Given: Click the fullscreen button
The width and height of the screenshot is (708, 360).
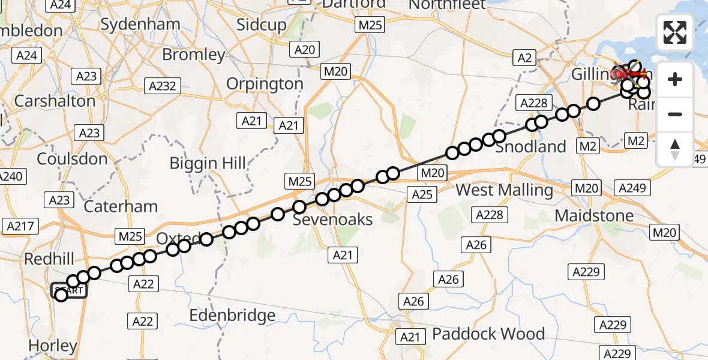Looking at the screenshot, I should coord(675,32).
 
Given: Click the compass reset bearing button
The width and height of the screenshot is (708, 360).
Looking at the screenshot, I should coord(675,149).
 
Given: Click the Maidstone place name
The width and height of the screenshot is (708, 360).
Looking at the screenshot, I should coord(594,215).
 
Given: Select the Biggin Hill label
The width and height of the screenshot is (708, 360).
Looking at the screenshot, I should coord(208,163).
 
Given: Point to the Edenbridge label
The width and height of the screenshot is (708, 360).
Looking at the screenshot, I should coord(232,316).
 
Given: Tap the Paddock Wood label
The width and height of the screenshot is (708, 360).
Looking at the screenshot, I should coord(488,334).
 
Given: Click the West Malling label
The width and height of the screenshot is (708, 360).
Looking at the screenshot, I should coord(505,191).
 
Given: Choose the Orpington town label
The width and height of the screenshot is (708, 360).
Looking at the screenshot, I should coord(265,83).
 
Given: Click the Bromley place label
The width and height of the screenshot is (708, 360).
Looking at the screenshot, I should coord(194,55).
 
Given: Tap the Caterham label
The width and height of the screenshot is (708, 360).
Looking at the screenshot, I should coord(121,206).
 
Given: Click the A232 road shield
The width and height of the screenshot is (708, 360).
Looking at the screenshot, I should coord(162,86).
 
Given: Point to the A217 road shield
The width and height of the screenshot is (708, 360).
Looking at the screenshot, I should coord(21,226).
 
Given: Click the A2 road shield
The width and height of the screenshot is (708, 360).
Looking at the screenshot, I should coord(524,58).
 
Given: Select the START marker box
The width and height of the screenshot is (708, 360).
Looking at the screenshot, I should coord(69,291).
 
